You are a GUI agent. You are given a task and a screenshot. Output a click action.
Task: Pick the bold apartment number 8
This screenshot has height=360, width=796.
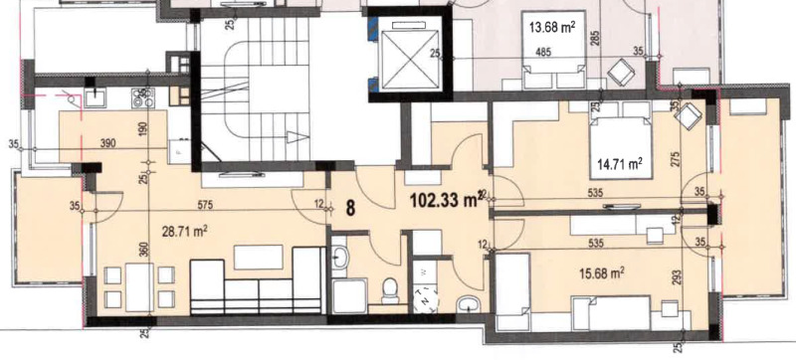(350, 209)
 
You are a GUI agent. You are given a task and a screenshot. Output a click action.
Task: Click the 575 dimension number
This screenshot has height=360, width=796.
(205, 204)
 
